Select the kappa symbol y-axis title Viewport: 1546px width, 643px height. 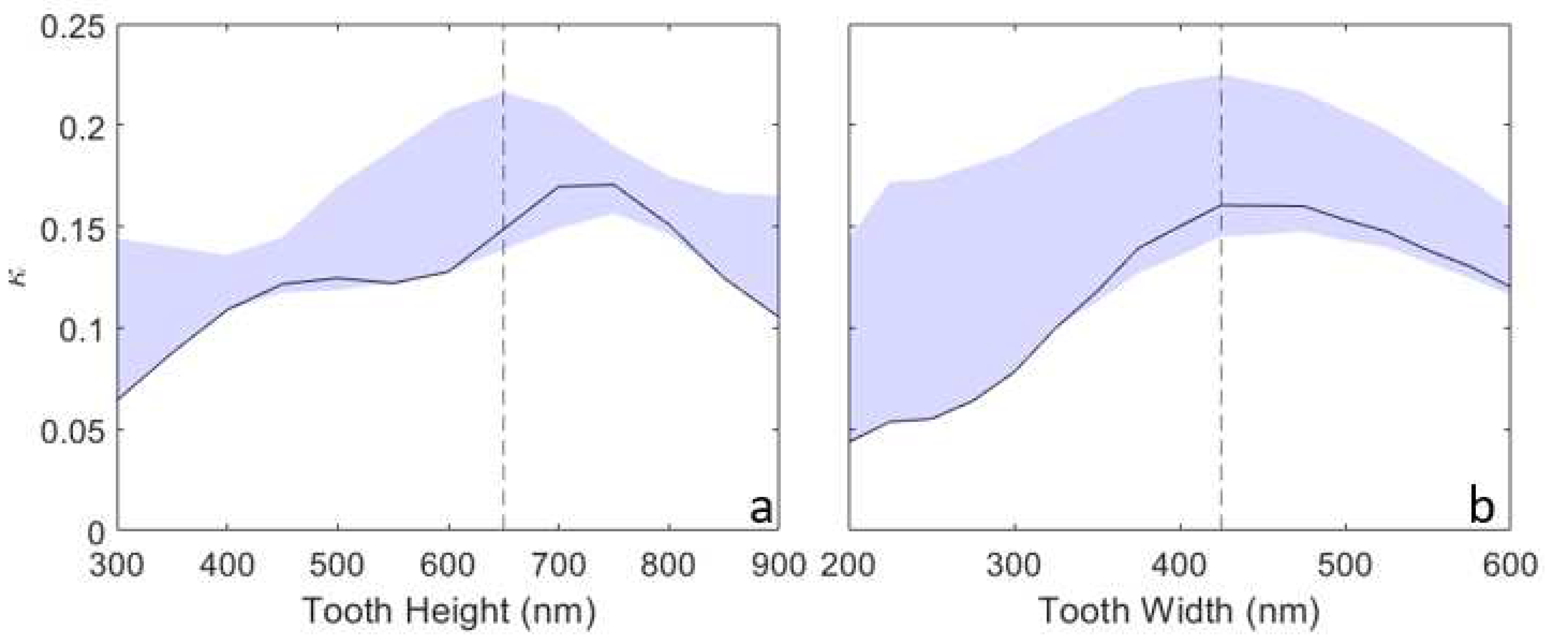[21, 277]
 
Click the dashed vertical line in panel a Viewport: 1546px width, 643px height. [503, 360]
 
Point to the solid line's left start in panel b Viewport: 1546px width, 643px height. [851, 441]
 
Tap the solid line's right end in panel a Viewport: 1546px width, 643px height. [778, 316]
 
